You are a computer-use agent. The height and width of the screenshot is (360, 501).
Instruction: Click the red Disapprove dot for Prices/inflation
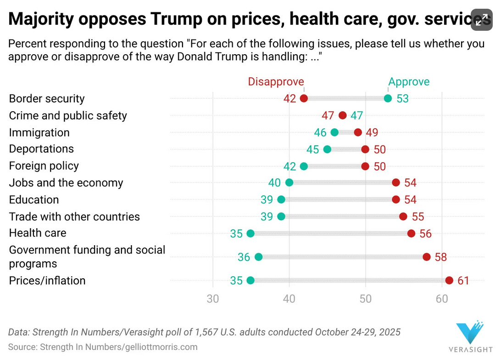coord(449,281)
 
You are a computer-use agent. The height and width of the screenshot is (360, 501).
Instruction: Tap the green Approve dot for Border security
coord(388,98)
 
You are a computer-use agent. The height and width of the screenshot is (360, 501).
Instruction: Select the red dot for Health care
coord(411,233)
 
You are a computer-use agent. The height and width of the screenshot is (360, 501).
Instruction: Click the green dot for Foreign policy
coord(304,166)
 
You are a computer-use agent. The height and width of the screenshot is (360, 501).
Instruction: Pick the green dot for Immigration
coord(334,132)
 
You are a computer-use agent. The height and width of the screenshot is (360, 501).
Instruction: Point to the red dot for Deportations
coord(365,149)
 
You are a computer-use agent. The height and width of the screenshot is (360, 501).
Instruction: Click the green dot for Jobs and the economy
coord(289,183)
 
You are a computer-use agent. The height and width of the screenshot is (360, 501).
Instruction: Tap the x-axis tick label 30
coord(213,299)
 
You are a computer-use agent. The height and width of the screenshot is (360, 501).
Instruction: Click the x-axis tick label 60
coord(442,299)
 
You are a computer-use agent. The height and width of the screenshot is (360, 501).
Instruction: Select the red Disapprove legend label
coord(276,82)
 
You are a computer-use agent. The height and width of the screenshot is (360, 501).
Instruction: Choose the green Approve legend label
coord(409,82)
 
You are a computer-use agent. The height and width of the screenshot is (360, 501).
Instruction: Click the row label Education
coord(34,200)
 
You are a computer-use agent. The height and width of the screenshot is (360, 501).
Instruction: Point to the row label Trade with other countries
coord(74,217)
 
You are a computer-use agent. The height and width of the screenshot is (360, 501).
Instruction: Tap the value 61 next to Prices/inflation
coord(463,281)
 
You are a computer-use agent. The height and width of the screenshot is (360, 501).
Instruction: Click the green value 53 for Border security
coord(402,99)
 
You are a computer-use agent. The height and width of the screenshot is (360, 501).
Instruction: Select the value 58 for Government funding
coord(440,257)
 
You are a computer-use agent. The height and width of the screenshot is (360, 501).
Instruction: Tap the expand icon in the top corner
coord(482,20)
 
